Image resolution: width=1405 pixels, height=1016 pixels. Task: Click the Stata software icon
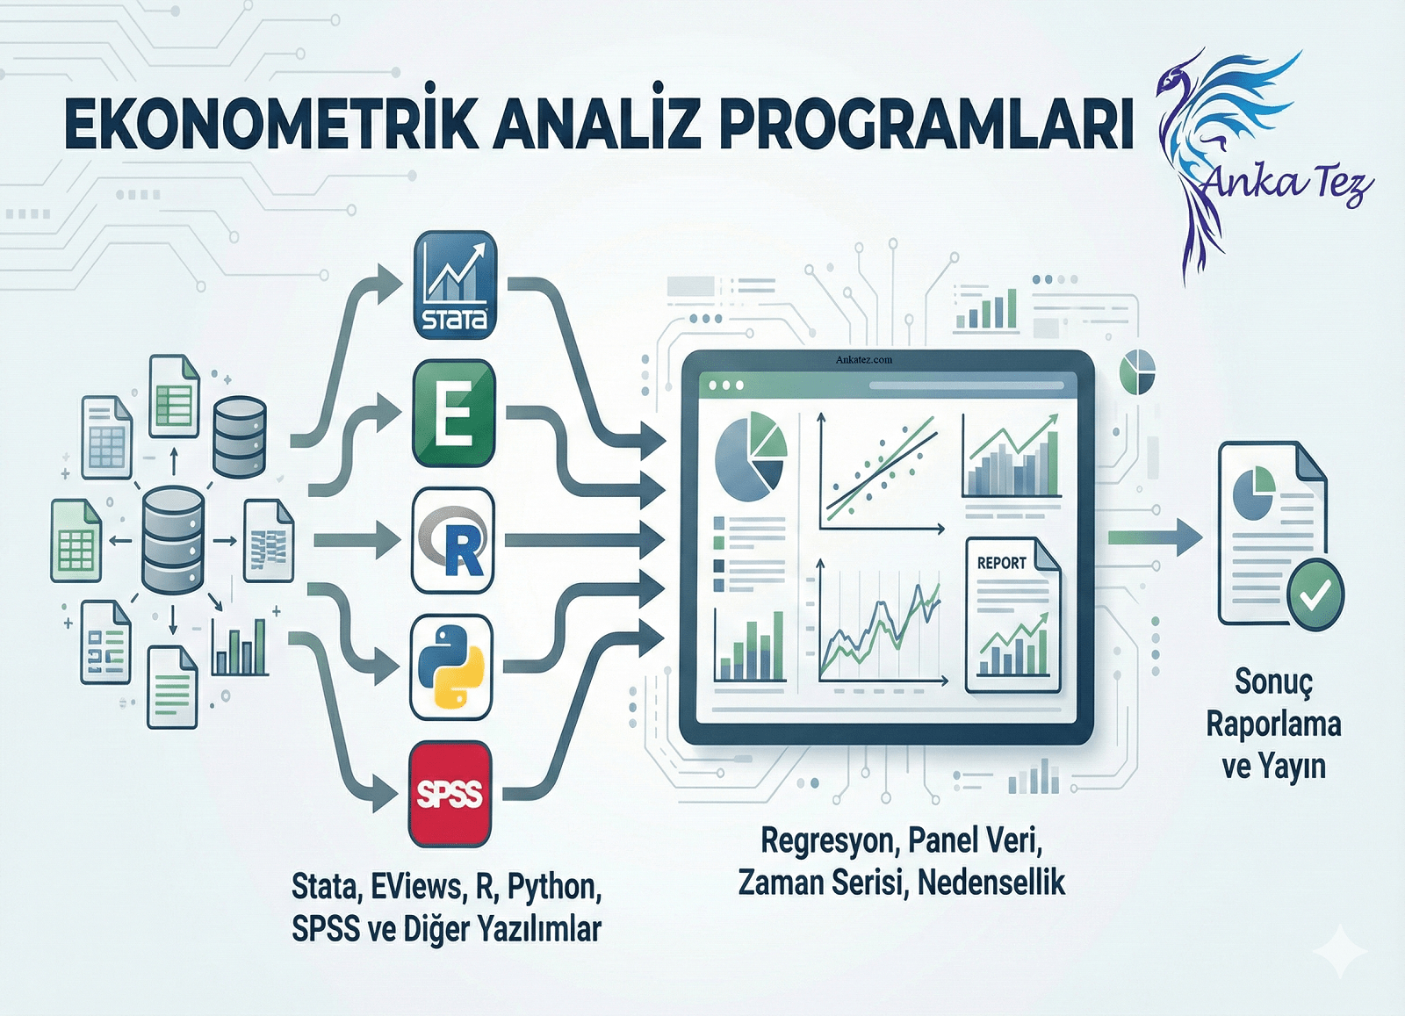pyautogui.click(x=455, y=285)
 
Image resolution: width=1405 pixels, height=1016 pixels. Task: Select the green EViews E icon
pyautogui.click(x=453, y=413)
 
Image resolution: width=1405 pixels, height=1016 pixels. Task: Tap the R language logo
pyautogui.click(x=453, y=541)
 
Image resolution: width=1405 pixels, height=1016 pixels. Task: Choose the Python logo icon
pyautogui.click(x=451, y=667)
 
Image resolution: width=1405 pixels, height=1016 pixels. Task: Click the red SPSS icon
pyautogui.click(x=450, y=794)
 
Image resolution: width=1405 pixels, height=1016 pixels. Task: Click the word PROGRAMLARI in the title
pyautogui.click(x=926, y=126)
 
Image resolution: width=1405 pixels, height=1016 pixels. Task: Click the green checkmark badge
pyautogui.click(x=1315, y=594)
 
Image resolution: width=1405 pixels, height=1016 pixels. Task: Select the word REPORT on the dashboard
pyautogui.click(x=1001, y=563)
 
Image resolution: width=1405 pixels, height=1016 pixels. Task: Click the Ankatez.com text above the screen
pyautogui.click(x=863, y=359)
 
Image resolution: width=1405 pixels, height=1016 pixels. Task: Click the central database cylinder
pyautogui.click(x=173, y=539)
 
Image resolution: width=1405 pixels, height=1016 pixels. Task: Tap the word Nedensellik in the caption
pyautogui.click(x=991, y=883)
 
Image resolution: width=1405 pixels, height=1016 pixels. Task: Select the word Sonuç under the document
pyautogui.click(x=1273, y=681)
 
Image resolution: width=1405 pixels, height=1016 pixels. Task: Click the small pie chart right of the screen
pyautogui.click(x=1137, y=371)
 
